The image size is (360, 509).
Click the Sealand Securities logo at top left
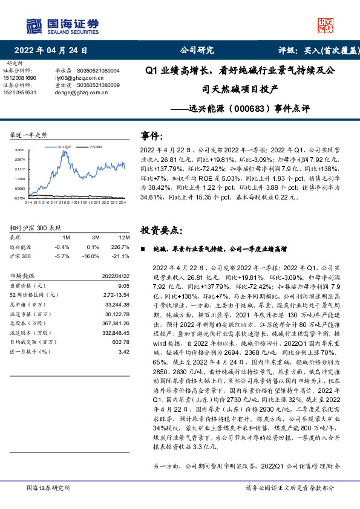(62, 25)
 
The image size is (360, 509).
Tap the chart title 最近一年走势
(29, 134)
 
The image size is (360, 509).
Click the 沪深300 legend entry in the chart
(95, 147)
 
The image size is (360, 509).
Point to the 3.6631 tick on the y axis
(20, 149)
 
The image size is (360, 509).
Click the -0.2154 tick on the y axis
(20, 198)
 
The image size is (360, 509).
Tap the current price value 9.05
(123, 285)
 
